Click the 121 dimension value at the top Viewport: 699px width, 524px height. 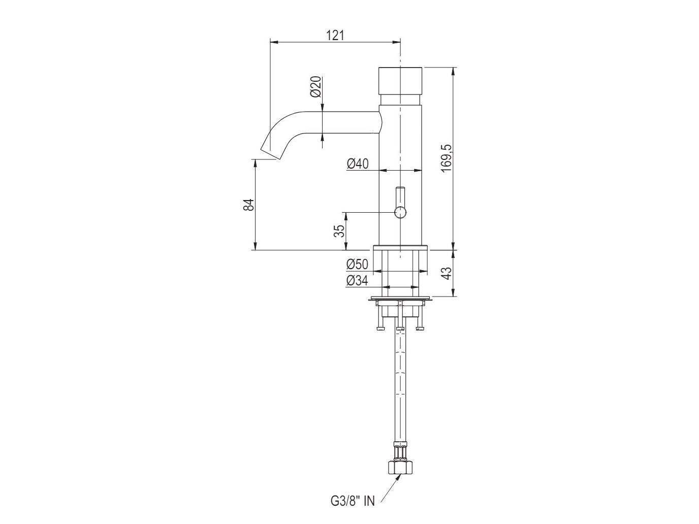coord(335,35)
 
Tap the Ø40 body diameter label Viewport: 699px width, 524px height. coord(358,163)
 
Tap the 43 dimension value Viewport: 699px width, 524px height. coord(446,273)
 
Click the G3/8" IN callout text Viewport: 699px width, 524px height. coord(350,502)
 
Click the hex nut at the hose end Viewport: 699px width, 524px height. coord(401,467)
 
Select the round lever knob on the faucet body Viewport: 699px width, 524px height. coord(401,212)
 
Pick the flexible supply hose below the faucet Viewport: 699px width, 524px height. coord(401,386)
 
